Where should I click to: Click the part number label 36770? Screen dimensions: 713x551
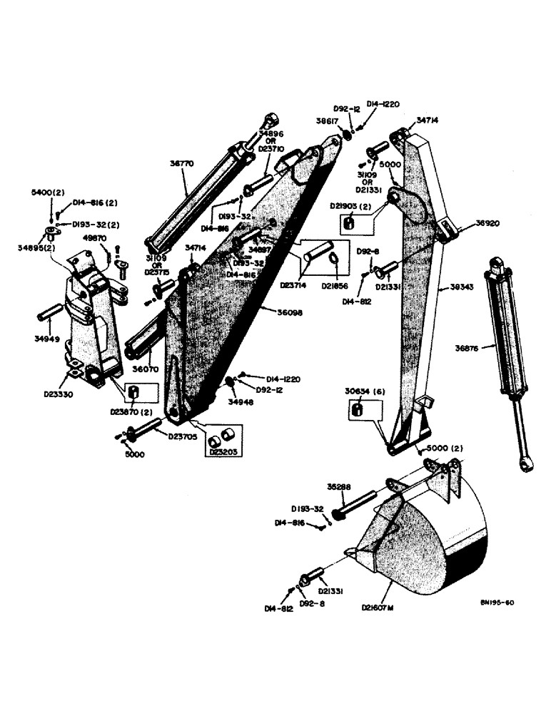tap(181, 163)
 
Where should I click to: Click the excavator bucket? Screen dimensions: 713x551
tap(428, 528)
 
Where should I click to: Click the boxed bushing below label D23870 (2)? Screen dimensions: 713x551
tap(133, 392)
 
